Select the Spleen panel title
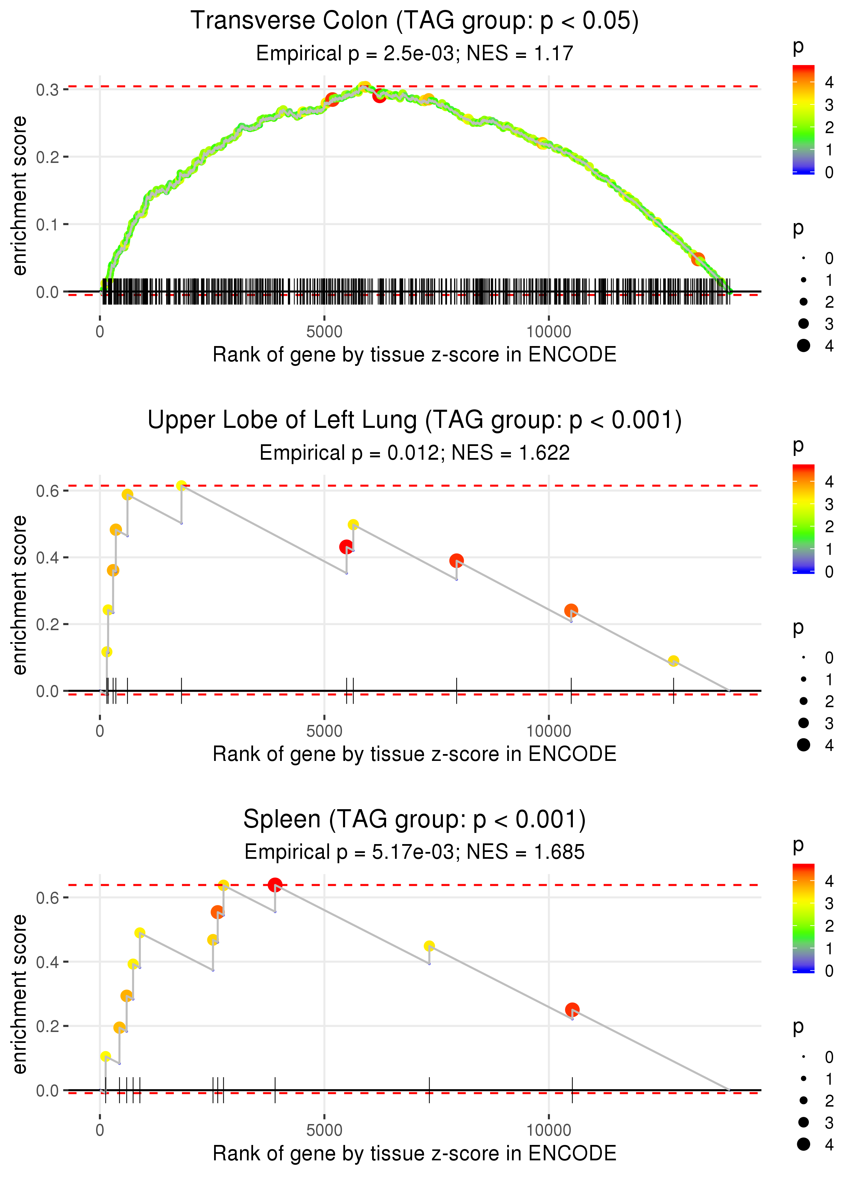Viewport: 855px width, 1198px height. click(415, 820)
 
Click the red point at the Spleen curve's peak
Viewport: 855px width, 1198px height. click(275, 885)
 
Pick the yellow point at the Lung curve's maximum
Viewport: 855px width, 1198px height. click(182, 486)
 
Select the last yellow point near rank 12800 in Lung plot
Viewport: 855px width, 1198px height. click(673, 661)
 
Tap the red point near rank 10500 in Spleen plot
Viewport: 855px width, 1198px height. click(572, 1010)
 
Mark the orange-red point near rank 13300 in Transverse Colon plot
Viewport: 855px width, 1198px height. click(698, 259)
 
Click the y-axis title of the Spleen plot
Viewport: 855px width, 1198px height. click(19, 994)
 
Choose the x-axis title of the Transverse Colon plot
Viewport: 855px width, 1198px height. click(415, 355)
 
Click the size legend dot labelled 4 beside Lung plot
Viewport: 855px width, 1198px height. click(803, 745)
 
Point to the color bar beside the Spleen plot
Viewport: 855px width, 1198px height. click(803, 918)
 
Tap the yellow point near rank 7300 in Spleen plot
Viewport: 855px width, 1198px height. click(430, 946)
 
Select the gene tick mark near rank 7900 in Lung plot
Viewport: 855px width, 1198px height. click(457, 691)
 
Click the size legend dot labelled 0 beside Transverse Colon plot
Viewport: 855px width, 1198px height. click(803, 258)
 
